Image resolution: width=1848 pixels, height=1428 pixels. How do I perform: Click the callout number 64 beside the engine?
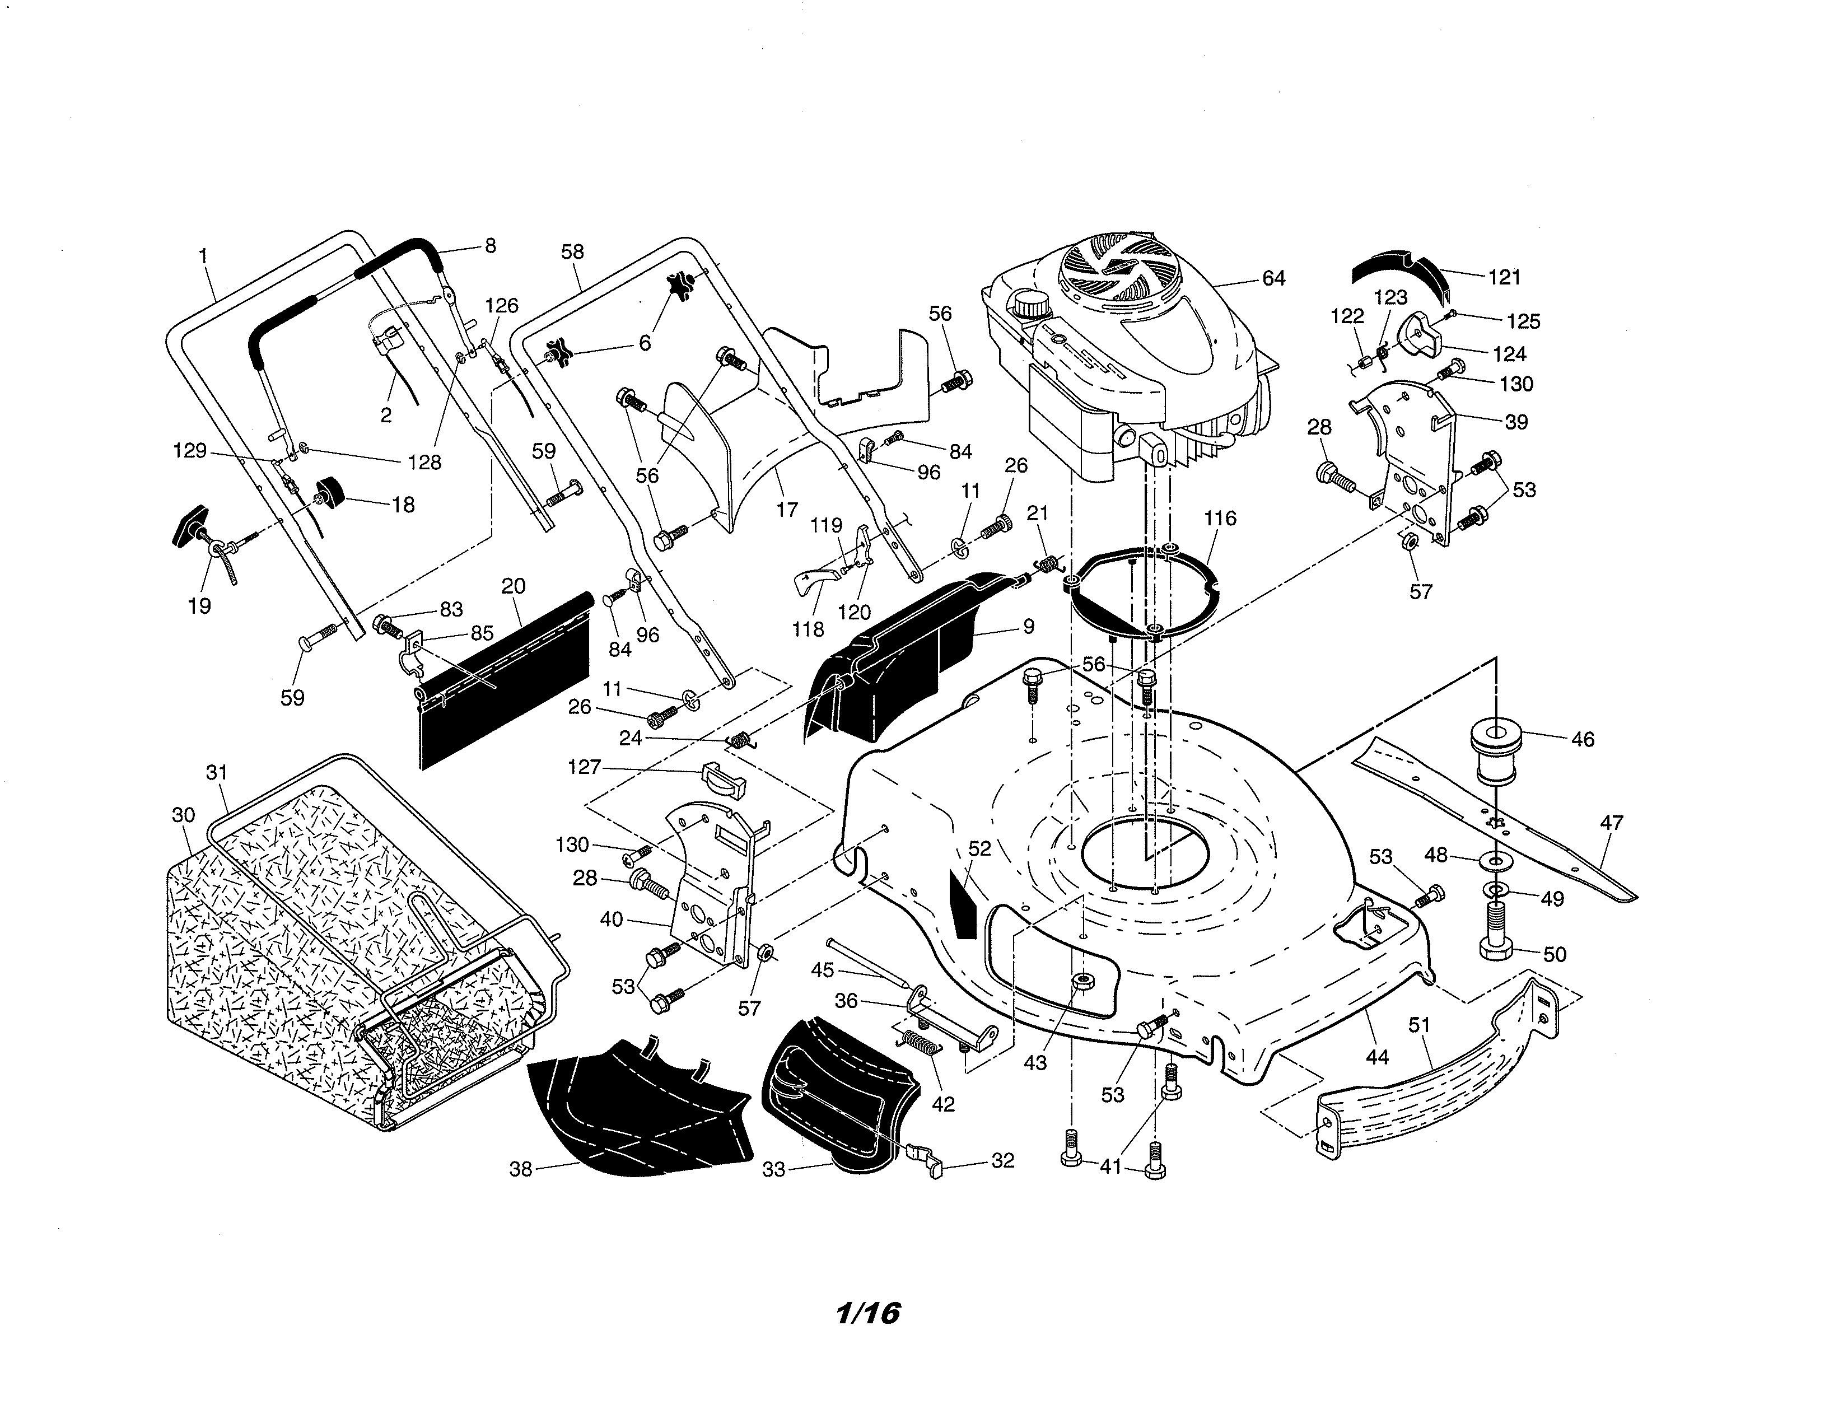1273,278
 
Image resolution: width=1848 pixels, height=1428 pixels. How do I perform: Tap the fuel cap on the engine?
1030,304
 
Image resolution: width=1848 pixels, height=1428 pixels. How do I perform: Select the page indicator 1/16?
868,1313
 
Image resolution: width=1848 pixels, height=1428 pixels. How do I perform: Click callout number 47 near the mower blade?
1612,822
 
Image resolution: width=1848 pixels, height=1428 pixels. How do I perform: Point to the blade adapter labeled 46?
1496,749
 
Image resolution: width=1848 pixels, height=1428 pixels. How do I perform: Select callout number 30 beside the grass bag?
184,815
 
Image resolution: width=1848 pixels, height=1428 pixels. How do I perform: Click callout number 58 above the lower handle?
573,251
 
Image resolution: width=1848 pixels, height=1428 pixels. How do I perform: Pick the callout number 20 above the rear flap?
514,586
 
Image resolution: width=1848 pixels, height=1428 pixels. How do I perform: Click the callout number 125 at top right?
1523,321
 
